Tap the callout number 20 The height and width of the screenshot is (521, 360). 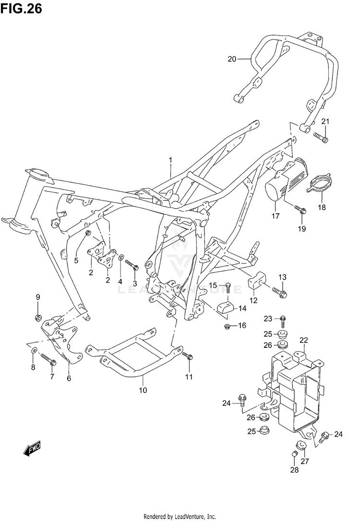232,59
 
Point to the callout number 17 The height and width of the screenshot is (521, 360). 276,216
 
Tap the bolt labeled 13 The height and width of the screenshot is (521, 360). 280,291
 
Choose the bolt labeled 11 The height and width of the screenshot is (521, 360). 188,356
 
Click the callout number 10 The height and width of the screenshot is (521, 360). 143,390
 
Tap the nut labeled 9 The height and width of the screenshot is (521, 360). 38,317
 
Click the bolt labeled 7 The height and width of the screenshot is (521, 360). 47,357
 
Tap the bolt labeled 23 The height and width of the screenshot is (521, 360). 283,319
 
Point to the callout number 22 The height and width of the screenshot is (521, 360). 303,340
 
